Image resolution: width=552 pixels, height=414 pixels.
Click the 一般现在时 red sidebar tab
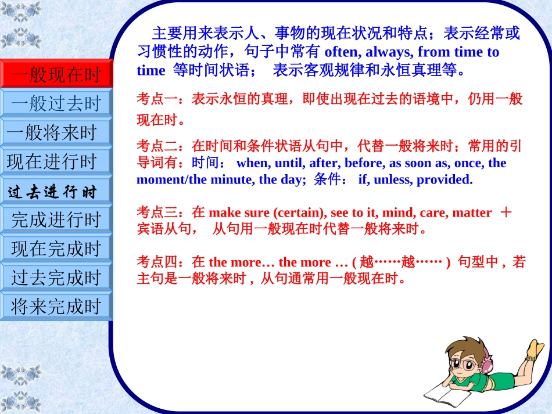pos(56,74)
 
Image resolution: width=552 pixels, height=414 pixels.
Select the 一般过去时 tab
pos(56,104)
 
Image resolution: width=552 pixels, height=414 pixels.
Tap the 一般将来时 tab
pos(56,132)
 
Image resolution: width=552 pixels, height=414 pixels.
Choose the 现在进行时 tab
pos(56,161)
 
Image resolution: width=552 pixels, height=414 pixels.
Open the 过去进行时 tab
pos(56,191)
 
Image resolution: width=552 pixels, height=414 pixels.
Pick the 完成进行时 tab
pos(56,219)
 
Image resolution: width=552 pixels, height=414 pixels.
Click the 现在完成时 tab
pos(56,249)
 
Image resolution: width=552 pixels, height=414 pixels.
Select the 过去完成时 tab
pos(56,278)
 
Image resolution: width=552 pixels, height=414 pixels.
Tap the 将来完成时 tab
pos(56,306)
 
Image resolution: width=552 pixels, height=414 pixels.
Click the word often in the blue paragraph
pos(342,52)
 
